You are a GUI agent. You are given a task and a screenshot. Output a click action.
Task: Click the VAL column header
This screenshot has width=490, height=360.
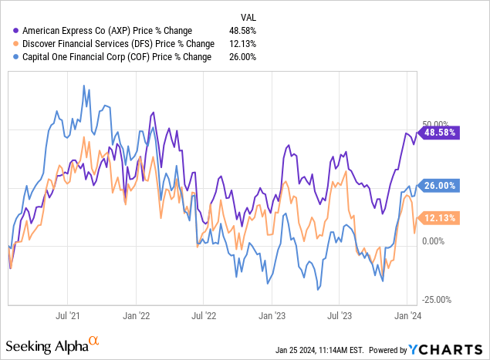coord(247,15)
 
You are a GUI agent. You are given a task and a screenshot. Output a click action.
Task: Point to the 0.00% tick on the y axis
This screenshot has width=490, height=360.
coord(433,241)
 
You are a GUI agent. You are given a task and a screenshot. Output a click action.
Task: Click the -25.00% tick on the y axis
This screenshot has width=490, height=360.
coord(434,300)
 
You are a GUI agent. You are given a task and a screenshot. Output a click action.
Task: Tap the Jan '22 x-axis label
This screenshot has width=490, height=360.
coord(137,315)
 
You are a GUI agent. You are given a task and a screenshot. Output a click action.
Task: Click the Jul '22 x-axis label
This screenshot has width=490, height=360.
coord(203,315)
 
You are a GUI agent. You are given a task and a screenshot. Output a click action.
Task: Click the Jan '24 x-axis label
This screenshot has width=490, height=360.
coord(407,315)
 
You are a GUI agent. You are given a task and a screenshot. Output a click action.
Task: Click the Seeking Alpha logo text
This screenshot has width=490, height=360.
coord(50,345)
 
